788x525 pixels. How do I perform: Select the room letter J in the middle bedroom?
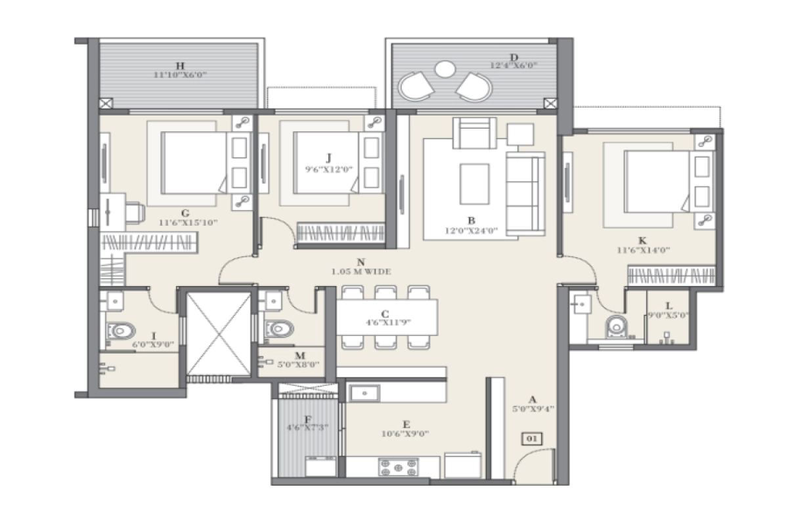329,157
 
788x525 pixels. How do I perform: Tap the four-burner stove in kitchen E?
397,466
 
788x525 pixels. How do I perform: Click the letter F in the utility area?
307,419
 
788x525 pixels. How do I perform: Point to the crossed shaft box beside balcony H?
106,103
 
